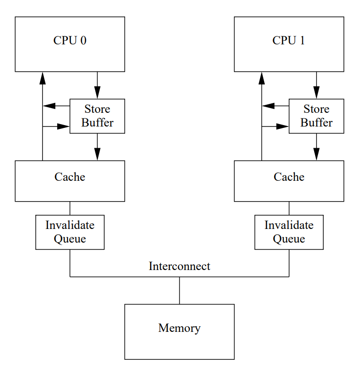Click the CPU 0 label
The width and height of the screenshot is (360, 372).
[x=70, y=41]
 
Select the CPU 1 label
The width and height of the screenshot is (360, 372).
[x=289, y=41]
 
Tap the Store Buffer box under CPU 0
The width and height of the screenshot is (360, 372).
[x=97, y=116]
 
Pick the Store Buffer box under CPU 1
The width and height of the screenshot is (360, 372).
[x=316, y=116]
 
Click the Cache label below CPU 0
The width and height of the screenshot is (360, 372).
[x=70, y=177]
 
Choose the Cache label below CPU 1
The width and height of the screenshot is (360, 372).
[x=289, y=177]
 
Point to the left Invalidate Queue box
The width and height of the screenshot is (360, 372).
[x=70, y=232]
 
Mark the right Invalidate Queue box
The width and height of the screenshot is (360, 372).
[x=289, y=232]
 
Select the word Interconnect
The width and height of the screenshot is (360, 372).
[x=179, y=266]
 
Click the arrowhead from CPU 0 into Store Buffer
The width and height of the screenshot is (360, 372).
[x=97, y=93]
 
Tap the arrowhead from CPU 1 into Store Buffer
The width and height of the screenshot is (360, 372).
[x=316, y=93]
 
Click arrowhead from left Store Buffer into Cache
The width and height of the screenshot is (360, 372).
[x=97, y=154]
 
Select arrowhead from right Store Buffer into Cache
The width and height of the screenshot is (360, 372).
[x=316, y=154]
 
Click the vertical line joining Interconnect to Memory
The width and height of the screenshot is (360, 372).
[x=179, y=290]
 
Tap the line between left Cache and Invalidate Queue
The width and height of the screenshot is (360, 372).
[x=70, y=208]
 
